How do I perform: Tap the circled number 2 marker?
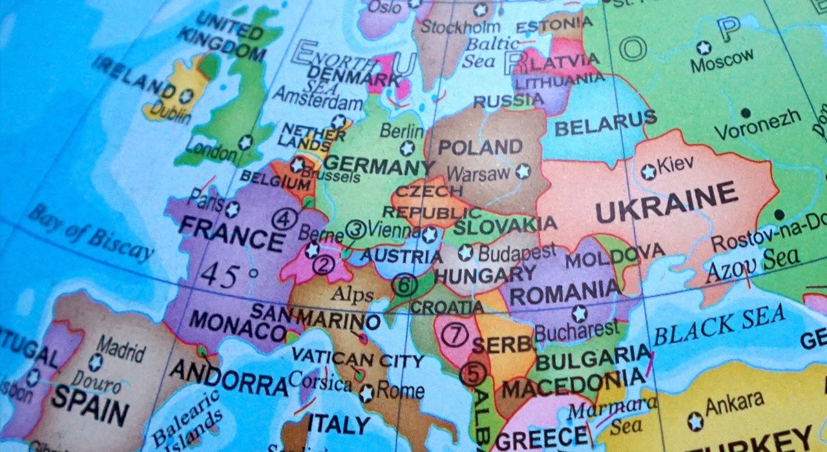pyautogui.click(x=323, y=264)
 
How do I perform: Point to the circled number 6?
pyautogui.click(x=404, y=285)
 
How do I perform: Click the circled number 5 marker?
pyautogui.click(x=472, y=374)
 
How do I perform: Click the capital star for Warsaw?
pyautogui.click(x=522, y=171)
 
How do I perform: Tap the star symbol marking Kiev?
pyautogui.click(x=648, y=172)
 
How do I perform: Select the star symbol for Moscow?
pyautogui.click(x=704, y=47)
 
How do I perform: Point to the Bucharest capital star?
pyautogui.click(x=579, y=314)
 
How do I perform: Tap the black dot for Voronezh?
pyautogui.click(x=746, y=113)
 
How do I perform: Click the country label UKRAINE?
pyautogui.click(x=665, y=202)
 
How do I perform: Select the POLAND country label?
pyautogui.click(x=480, y=147)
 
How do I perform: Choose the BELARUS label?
pyautogui.click(x=605, y=123)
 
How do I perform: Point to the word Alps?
pyautogui.click(x=352, y=296)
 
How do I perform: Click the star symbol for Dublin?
pyautogui.click(x=186, y=96)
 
